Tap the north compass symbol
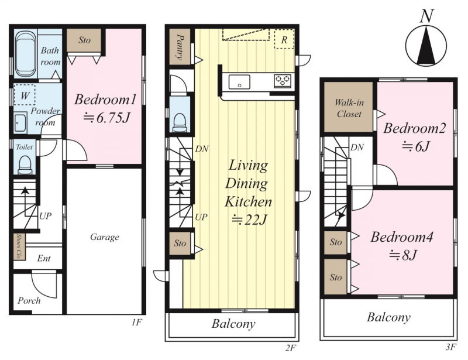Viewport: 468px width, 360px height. (426, 42)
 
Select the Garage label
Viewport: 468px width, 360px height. (105, 237)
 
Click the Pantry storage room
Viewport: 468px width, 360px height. (180, 47)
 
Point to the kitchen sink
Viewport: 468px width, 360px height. (239, 82)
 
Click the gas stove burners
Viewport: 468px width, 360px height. (283, 81)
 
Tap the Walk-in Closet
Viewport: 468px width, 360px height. (349, 107)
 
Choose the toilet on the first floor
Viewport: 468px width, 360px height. (24, 164)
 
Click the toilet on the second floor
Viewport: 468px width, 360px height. (180, 122)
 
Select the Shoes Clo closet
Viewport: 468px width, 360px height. (19, 246)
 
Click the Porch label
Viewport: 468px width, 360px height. (29, 300)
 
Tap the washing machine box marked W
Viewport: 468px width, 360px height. (25, 95)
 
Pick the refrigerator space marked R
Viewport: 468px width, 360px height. (284, 39)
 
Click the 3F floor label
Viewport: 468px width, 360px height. (451, 347)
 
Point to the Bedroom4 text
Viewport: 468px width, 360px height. (401, 237)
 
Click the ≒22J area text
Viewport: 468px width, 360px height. (249, 220)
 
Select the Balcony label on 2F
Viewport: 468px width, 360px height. (233, 324)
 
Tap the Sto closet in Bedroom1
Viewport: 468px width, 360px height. (84, 40)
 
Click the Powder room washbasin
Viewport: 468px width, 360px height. (20, 122)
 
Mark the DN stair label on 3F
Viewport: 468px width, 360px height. (357, 148)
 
